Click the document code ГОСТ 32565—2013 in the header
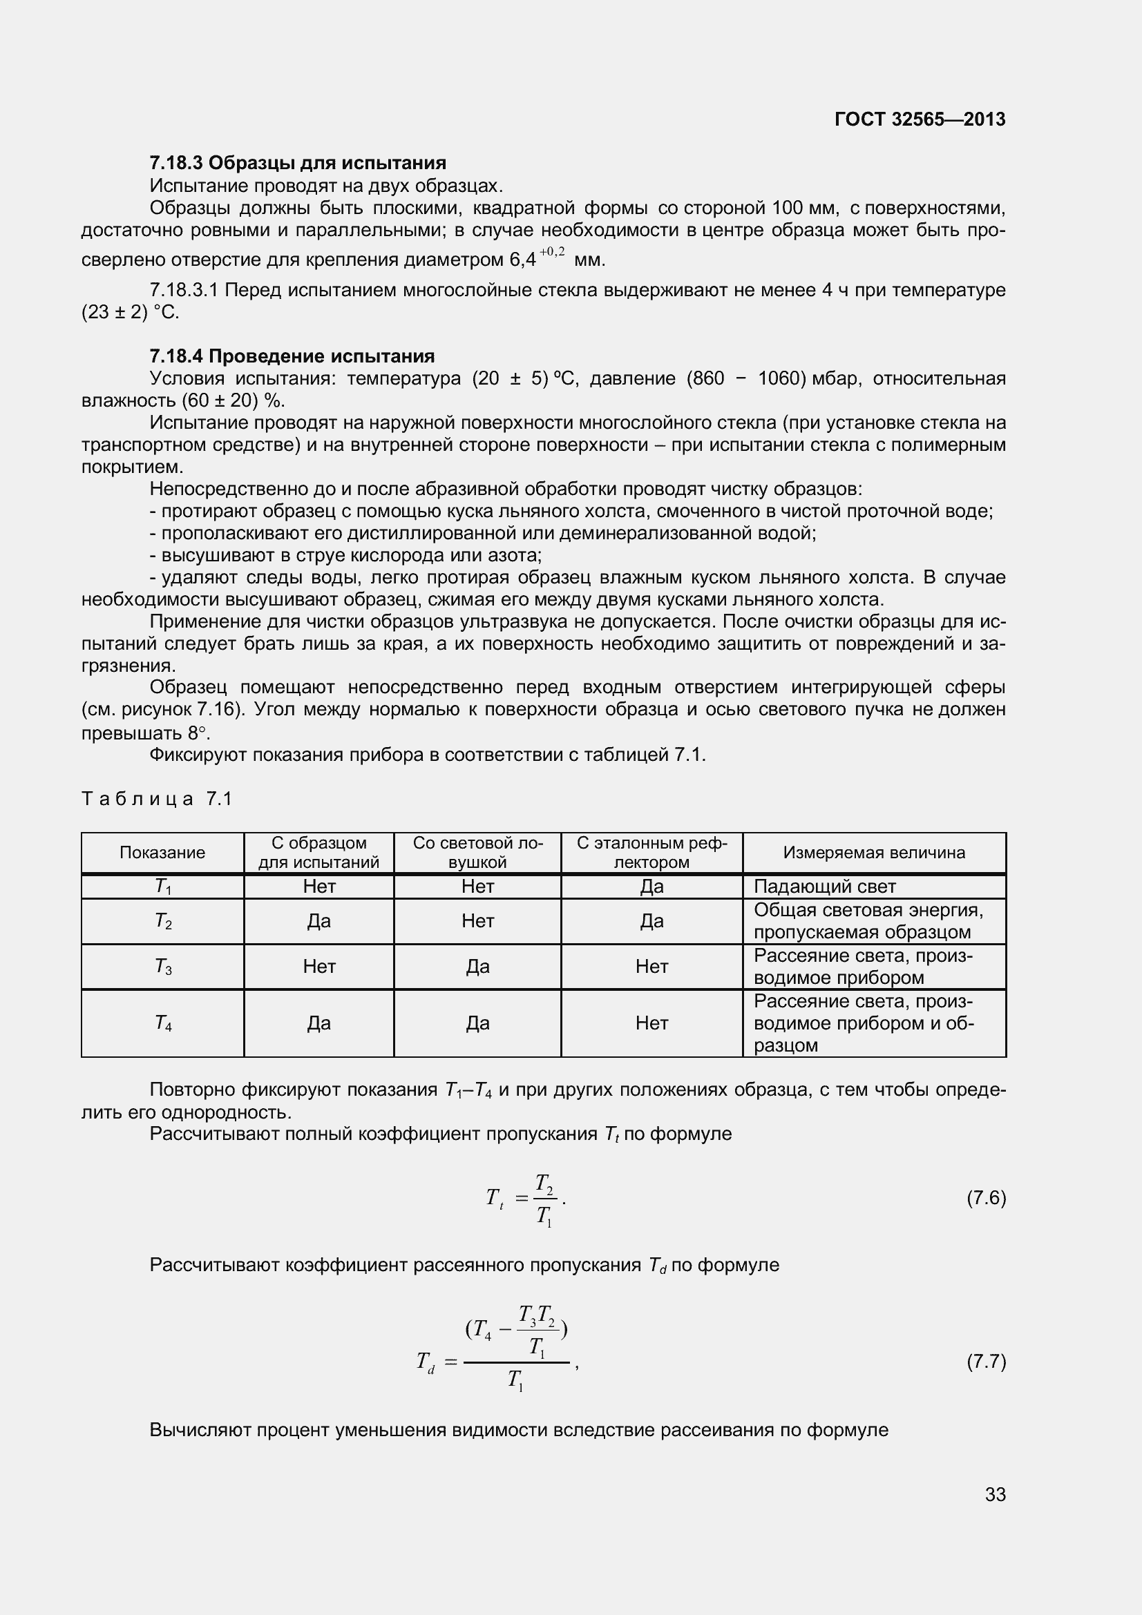[x=920, y=119]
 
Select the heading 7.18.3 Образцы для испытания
[x=298, y=163]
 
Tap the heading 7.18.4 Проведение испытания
[x=292, y=356]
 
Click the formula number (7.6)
[x=986, y=1197]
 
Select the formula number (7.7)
[x=986, y=1362]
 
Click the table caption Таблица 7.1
[x=156, y=798]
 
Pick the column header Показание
[x=162, y=853]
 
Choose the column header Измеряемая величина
[x=874, y=853]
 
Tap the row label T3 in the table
[x=163, y=967]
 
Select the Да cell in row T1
[x=651, y=887]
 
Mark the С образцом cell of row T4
[x=318, y=1023]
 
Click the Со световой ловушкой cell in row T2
[x=477, y=921]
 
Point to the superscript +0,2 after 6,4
[x=553, y=252]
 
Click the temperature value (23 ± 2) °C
[x=130, y=312]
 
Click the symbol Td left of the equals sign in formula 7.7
[x=426, y=1362]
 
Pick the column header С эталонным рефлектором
[x=651, y=853]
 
